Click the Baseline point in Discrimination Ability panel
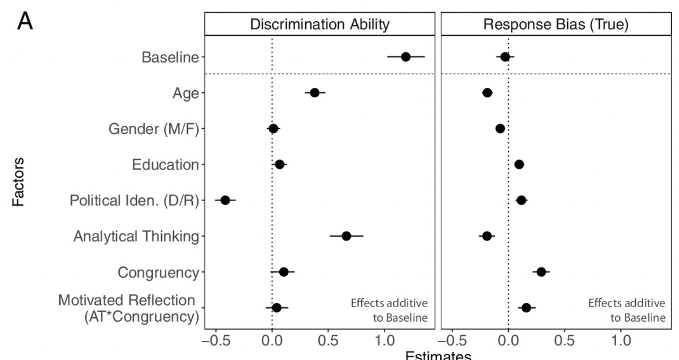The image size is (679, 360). pyautogui.click(x=406, y=57)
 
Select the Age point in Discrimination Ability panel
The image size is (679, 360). pyautogui.click(x=314, y=93)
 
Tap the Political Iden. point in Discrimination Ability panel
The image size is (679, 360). pyautogui.click(x=225, y=200)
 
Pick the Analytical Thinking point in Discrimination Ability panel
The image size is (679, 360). pyautogui.click(x=346, y=236)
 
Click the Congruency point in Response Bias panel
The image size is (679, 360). pyautogui.click(x=541, y=272)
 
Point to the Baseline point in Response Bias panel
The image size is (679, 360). pyautogui.click(x=505, y=57)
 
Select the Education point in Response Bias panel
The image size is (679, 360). pyautogui.click(x=519, y=165)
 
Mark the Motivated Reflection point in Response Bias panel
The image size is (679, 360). pyautogui.click(x=526, y=308)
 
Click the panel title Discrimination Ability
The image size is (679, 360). pyautogui.click(x=320, y=25)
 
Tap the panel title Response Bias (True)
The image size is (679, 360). pyautogui.click(x=556, y=25)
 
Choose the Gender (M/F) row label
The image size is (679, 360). pyautogui.click(x=154, y=129)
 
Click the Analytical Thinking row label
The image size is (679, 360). pyautogui.click(x=136, y=237)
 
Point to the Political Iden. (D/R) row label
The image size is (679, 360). pyautogui.click(x=134, y=201)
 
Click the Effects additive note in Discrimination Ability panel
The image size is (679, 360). pyautogui.click(x=389, y=310)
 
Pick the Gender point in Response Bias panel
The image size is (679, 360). pyautogui.click(x=500, y=129)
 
